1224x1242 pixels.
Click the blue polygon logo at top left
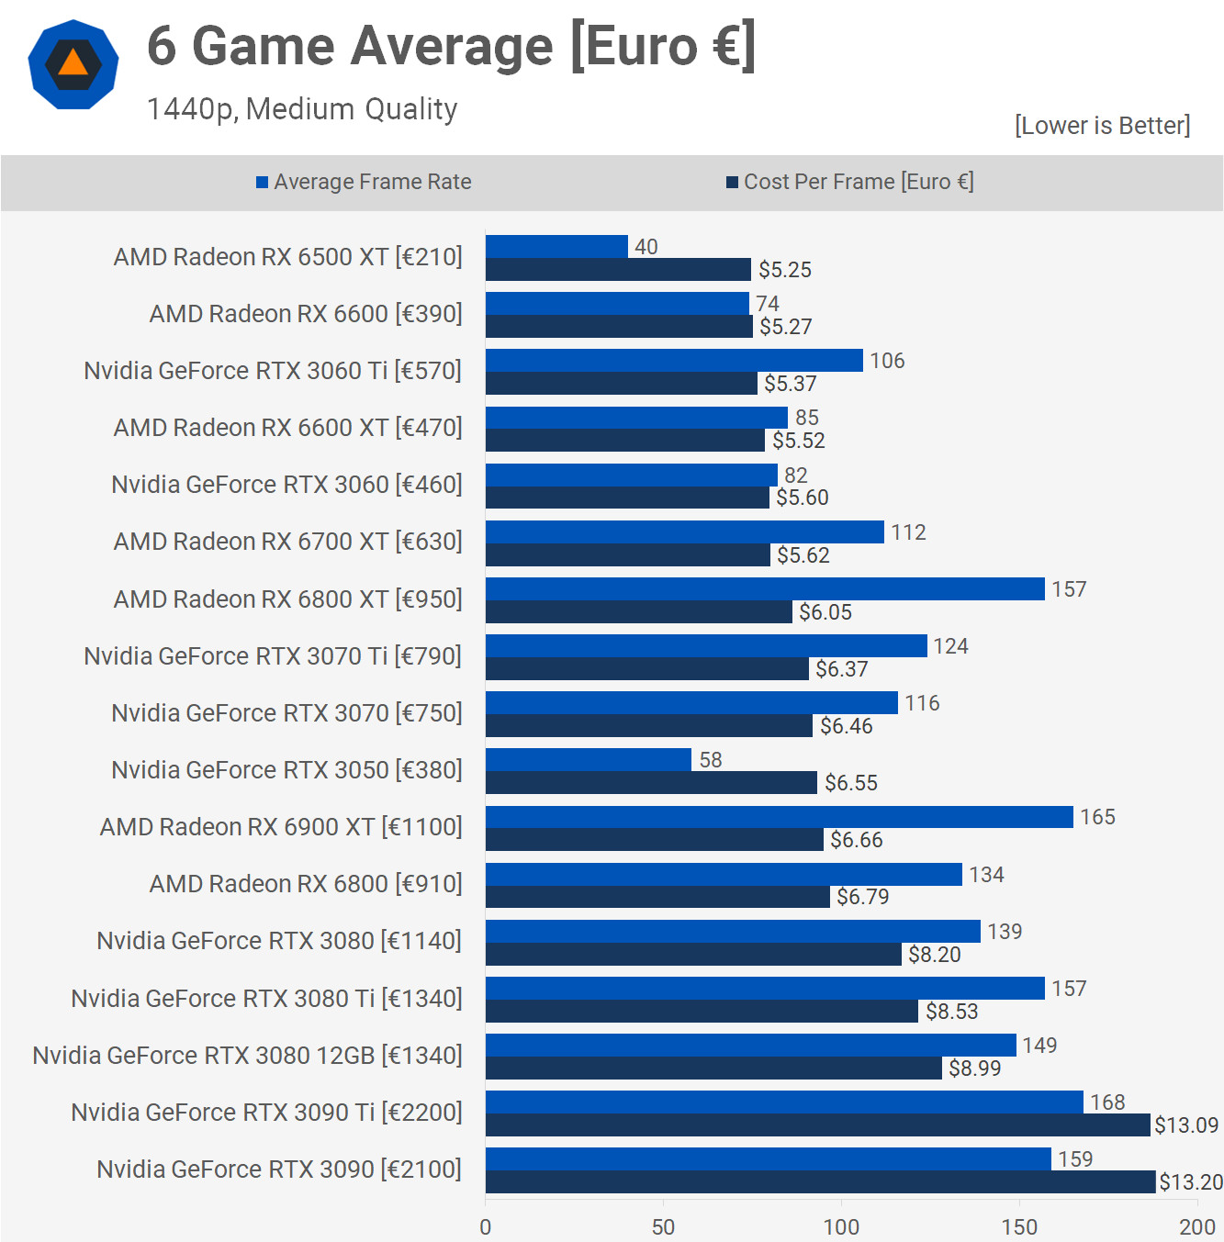(x=73, y=64)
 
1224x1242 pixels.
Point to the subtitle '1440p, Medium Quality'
(x=302, y=109)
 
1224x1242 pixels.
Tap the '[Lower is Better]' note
(x=1102, y=126)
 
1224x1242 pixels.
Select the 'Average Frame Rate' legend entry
(x=364, y=182)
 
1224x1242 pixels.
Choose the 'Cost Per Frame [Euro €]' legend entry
(x=850, y=182)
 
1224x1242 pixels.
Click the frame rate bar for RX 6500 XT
(x=556, y=247)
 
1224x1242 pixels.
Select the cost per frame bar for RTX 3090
(x=820, y=1182)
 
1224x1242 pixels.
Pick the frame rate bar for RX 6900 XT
(x=779, y=817)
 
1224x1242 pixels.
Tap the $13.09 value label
(x=1186, y=1125)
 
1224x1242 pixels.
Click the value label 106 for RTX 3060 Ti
(x=887, y=361)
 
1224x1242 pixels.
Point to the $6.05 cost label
(x=825, y=612)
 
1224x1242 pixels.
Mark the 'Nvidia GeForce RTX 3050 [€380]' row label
(x=286, y=770)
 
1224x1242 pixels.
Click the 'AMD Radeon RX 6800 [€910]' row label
(x=306, y=884)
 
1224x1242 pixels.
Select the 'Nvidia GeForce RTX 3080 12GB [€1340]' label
(x=247, y=1056)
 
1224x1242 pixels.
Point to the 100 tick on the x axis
(x=841, y=1227)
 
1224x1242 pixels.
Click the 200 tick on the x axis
(x=1196, y=1227)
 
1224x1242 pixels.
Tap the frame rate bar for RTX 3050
(x=589, y=760)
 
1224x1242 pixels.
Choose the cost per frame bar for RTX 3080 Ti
(x=702, y=1012)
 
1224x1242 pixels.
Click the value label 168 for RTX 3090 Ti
(x=1107, y=1102)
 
